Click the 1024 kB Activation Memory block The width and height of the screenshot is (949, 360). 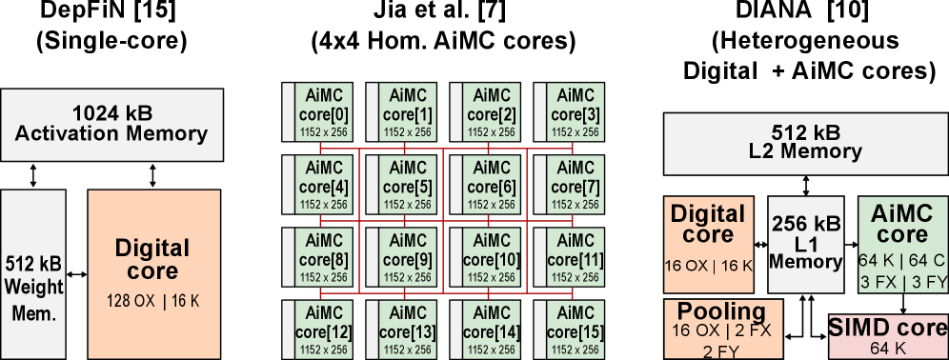(x=111, y=125)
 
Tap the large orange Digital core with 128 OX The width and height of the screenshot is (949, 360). (x=153, y=272)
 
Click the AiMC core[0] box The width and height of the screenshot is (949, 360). (x=324, y=110)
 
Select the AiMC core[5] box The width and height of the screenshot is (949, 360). (x=408, y=182)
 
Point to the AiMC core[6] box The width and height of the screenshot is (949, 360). (x=492, y=182)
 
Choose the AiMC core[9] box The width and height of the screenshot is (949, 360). (x=408, y=254)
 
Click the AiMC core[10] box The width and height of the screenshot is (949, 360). (x=492, y=254)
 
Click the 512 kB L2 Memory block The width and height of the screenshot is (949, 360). (x=805, y=143)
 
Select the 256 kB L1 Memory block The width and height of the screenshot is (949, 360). (x=805, y=245)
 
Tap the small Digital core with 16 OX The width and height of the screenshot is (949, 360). (x=709, y=245)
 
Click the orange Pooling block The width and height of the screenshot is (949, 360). (x=723, y=329)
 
